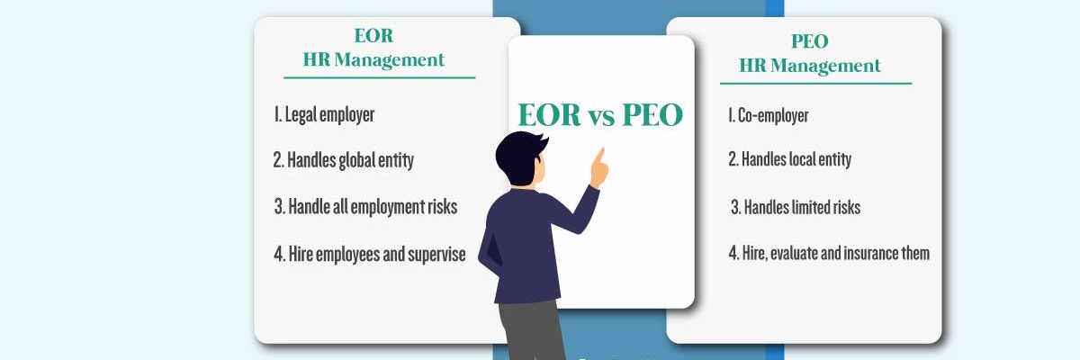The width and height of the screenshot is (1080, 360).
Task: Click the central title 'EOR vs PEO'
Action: point(600,115)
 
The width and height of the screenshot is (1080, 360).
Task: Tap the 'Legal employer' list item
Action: point(324,115)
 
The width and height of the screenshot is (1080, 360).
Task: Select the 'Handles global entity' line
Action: point(343,161)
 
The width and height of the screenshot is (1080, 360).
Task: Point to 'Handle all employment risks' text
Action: point(365,207)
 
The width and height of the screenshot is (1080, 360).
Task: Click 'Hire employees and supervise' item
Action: point(369,255)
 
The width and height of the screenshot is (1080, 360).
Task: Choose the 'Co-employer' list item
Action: point(768,115)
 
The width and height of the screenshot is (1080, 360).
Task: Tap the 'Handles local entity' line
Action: point(789,160)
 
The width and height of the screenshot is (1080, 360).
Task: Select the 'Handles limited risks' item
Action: point(795,208)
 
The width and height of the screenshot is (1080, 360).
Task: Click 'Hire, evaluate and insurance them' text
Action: point(828,254)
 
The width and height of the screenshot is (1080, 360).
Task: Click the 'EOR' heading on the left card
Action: point(373,37)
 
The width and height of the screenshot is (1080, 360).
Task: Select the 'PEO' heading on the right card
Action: point(808,41)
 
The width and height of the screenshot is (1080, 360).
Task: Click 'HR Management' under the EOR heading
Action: point(373,60)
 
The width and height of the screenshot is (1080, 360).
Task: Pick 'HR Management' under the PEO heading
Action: point(809,66)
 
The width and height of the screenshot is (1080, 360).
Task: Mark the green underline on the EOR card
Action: point(379,77)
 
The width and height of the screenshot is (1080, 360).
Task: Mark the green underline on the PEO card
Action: point(815,84)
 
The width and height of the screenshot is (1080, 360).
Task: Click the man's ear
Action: point(530,176)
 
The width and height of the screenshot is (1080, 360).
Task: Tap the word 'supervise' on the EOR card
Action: point(436,255)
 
